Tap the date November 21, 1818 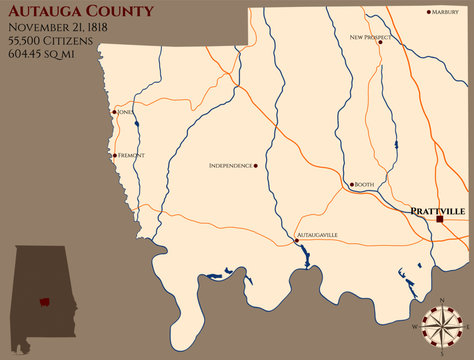pyautogui.click(x=61, y=29)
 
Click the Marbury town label pyautogui.click(x=447, y=13)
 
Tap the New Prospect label pyautogui.click(x=370, y=37)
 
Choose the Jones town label pyautogui.click(x=125, y=113)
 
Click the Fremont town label pyautogui.click(x=132, y=155)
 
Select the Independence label pyautogui.click(x=230, y=165)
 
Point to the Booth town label pyautogui.click(x=364, y=185)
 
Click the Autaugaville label pyautogui.click(x=318, y=235)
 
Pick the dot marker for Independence pyautogui.click(x=256, y=165)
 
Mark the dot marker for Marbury pyautogui.click(x=429, y=13)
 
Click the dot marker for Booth pyautogui.click(x=350, y=185)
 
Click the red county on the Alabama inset pyautogui.click(x=44, y=301)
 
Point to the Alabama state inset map pyautogui.click(x=42, y=290)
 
